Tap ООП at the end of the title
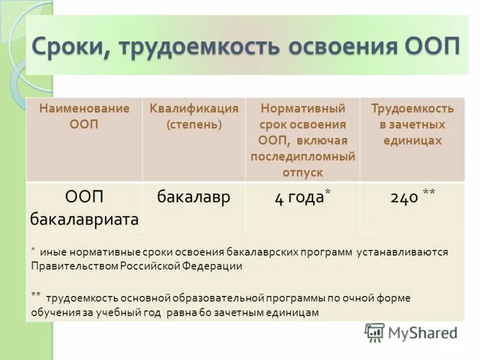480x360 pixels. coord(430,47)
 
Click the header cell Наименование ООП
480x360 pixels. coord(84,116)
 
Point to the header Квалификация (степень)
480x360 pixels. coord(194,116)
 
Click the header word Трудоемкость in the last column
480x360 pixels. coord(412,109)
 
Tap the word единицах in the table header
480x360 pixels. coord(412,141)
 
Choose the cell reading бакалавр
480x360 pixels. coord(194,197)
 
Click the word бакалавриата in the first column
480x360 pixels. coord(84,220)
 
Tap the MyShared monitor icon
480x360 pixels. coord(374,332)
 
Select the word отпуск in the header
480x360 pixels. coord(302,172)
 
